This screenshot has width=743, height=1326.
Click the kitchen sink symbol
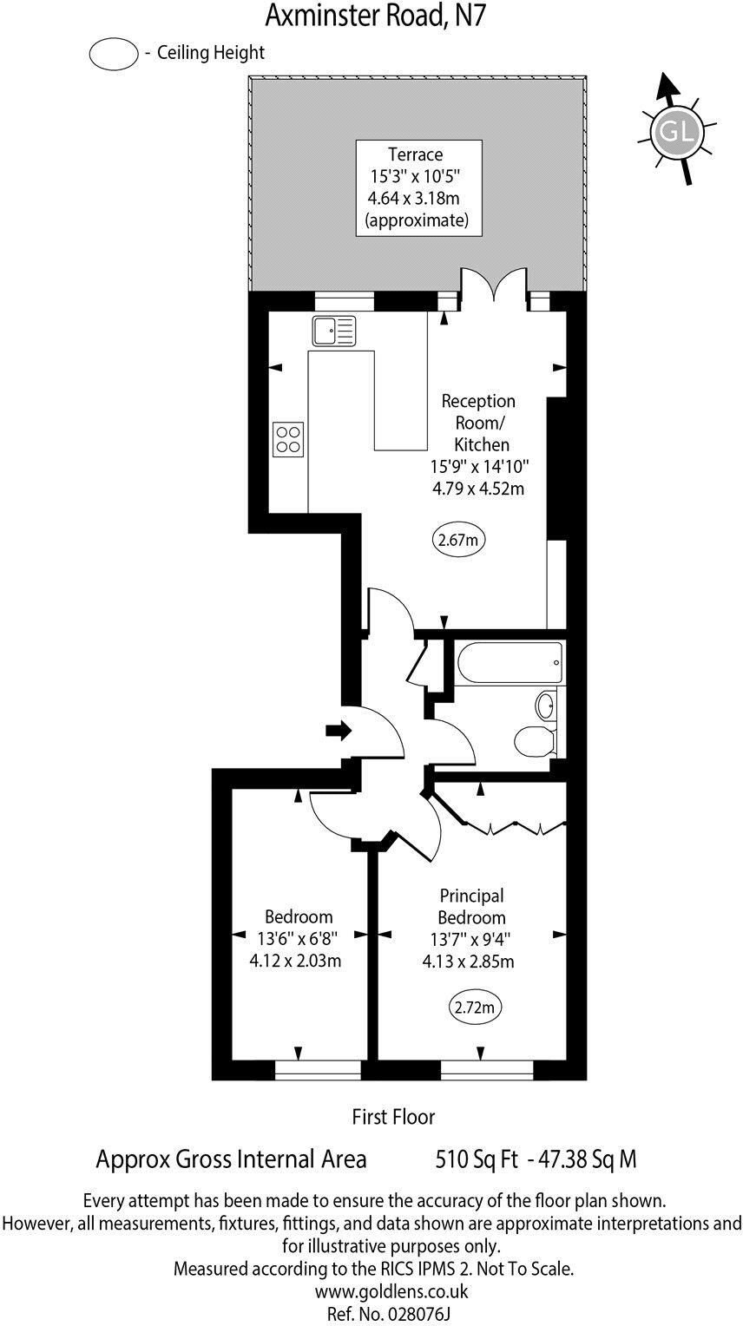pyautogui.click(x=333, y=331)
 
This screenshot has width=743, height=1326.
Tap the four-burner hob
pyautogui.click(x=288, y=439)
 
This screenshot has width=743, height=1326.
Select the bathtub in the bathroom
pyautogui.click(x=509, y=663)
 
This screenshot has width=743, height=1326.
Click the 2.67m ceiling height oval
pyautogui.click(x=458, y=540)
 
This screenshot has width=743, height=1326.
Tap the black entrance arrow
pyautogui.click(x=338, y=731)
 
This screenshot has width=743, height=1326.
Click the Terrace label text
pyautogui.click(x=415, y=154)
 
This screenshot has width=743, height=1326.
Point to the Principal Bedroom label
pyautogui.click(x=471, y=907)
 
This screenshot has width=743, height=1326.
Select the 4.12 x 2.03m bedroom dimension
pyautogui.click(x=295, y=961)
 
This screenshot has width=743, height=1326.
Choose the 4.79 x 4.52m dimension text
pyautogui.click(x=477, y=489)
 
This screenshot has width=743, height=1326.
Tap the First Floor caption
pyautogui.click(x=393, y=1116)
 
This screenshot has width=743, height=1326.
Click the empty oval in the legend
pyautogui.click(x=114, y=54)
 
